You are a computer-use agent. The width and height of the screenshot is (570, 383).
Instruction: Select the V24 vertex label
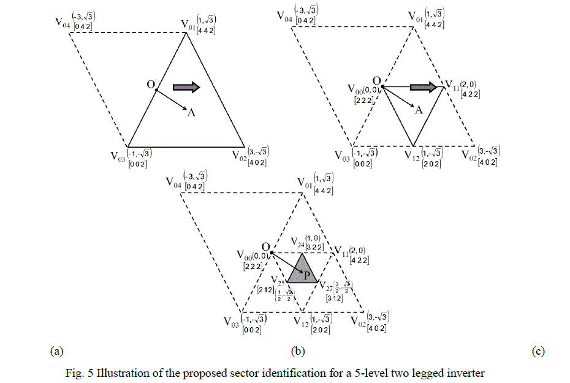click(297, 240)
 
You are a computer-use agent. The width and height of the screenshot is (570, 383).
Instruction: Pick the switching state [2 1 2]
click(267, 289)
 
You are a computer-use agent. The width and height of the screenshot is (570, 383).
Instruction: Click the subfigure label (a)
click(56, 351)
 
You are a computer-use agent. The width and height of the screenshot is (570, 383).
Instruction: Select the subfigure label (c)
click(538, 351)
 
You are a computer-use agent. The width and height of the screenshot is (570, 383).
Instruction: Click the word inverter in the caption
click(466, 373)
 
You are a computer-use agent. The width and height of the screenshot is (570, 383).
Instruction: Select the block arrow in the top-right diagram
click(424, 87)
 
